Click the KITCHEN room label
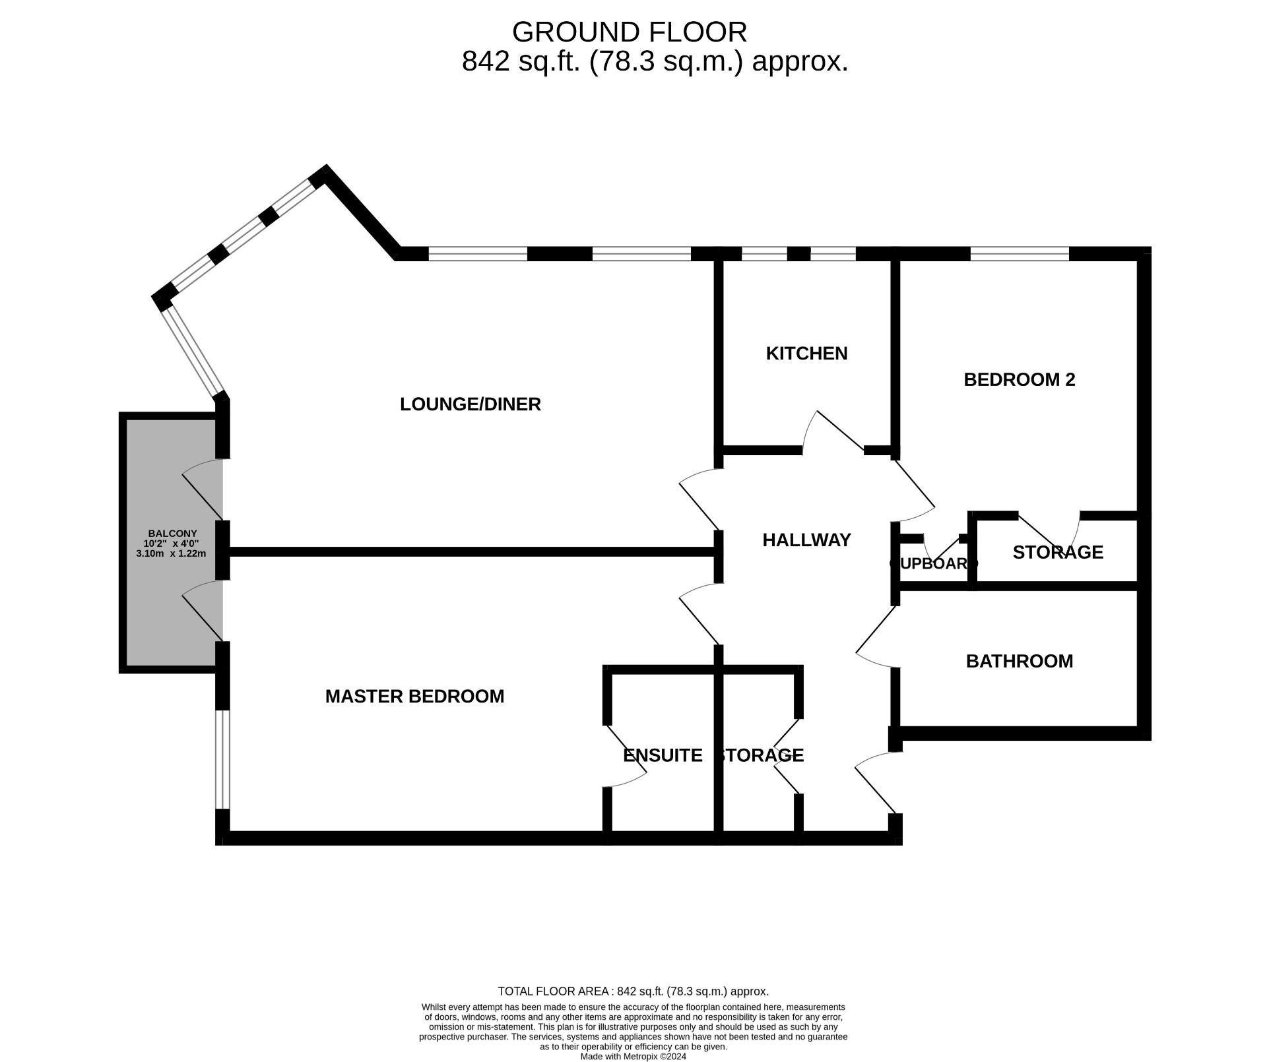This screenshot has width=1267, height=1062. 806,354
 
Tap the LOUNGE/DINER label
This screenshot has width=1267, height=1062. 470,404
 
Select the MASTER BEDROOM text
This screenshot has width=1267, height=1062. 414,697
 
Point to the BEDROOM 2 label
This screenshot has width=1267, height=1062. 1019,380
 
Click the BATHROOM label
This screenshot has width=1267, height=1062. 1019,662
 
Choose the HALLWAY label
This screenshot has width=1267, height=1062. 806,540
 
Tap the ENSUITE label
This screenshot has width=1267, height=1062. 663,756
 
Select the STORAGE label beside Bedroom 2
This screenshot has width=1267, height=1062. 1057,553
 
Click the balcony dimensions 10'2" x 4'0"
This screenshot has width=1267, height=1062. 171,544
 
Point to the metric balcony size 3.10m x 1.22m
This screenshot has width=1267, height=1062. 171,553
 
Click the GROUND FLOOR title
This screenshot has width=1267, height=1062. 629,32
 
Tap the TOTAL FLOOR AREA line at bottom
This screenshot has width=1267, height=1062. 633,991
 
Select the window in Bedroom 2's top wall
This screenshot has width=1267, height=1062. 1019,254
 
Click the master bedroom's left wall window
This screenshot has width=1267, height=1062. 223,759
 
